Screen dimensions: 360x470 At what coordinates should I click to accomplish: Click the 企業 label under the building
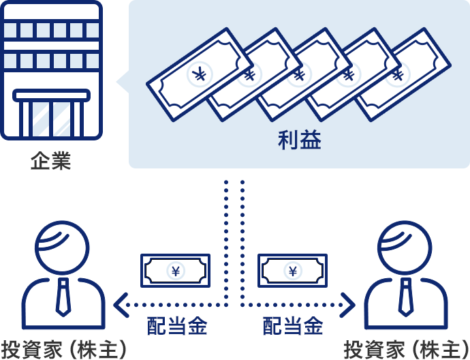(x=50, y=162)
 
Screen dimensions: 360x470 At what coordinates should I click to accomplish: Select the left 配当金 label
(x=177, y=327)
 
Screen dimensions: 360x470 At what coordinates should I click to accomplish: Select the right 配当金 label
(x=293, y=327)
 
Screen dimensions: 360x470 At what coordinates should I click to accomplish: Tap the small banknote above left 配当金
(x=175, y=271)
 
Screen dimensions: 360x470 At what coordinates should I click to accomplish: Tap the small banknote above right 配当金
(x=292, y=271)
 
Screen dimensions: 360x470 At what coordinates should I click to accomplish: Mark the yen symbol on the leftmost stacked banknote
(x=199, y=74)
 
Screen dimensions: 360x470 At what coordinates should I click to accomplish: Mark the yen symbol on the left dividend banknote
(x=176, y=271)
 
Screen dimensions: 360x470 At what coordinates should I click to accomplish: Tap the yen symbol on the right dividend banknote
(x=293, y=271)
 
